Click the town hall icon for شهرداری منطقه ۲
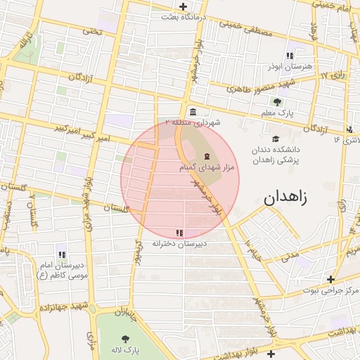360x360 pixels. tap(193, 112)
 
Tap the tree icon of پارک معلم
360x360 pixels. tap(276, 102)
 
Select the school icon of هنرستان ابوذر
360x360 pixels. tap(289, 56)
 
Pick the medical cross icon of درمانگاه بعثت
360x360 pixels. tap(183, 6)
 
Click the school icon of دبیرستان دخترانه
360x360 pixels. tap(180, 233)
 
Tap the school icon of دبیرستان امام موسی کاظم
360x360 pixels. tap(62, 255)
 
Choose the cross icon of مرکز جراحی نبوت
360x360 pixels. tap(330, 279)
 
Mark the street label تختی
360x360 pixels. tap(91, 31)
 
